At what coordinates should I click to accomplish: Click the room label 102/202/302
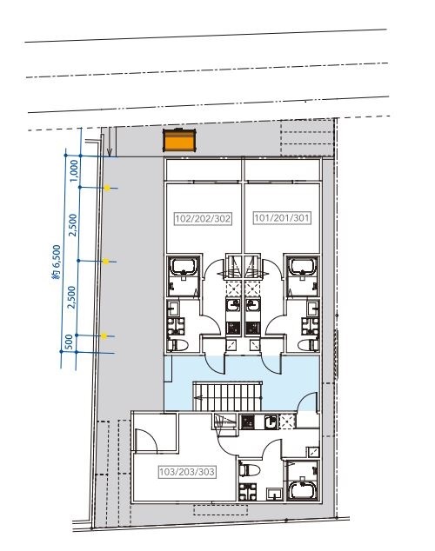pos(203,218)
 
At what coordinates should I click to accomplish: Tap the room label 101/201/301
pos(282,218)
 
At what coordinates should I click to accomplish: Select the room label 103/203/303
pos(187,472)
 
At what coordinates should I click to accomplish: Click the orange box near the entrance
pos(179,140)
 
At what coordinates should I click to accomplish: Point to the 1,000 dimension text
pos(74,171)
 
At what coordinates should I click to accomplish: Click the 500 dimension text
pos(70,342)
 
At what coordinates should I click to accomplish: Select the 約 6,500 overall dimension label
pos(57,262)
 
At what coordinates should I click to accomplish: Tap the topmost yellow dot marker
pos(107,188)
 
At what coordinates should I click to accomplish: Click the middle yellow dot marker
pos(105,261)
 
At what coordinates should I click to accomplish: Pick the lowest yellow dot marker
pos(104,336)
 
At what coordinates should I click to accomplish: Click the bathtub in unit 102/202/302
pos(184,267)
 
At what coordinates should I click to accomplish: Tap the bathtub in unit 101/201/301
pos(303,267)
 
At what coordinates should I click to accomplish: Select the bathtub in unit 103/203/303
pos(303,490)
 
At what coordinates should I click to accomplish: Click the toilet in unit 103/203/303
pos(250,469)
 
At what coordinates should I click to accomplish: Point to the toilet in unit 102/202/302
pos(177,345)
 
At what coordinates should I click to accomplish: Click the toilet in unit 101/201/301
pos(308,345)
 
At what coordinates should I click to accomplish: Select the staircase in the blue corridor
pos(228,396)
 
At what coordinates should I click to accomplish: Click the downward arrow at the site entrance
pos(110,142)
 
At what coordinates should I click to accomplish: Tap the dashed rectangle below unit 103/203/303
pos(221,510)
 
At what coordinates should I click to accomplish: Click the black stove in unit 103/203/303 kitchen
pos(248,422)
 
